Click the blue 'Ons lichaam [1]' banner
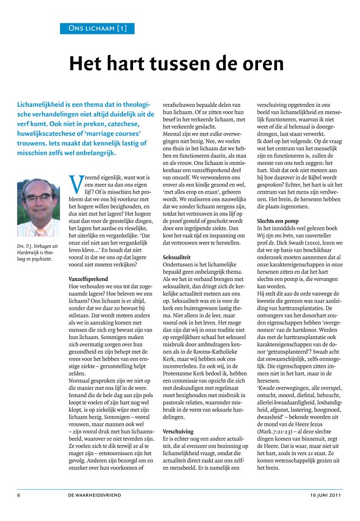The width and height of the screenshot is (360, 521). [x=98, y=28]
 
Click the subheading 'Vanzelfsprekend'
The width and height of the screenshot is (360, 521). [x=88, y=278]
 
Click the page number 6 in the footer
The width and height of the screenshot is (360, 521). [x=18, y=495]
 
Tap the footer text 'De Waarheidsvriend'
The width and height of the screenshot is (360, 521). [x=95, y=495]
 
